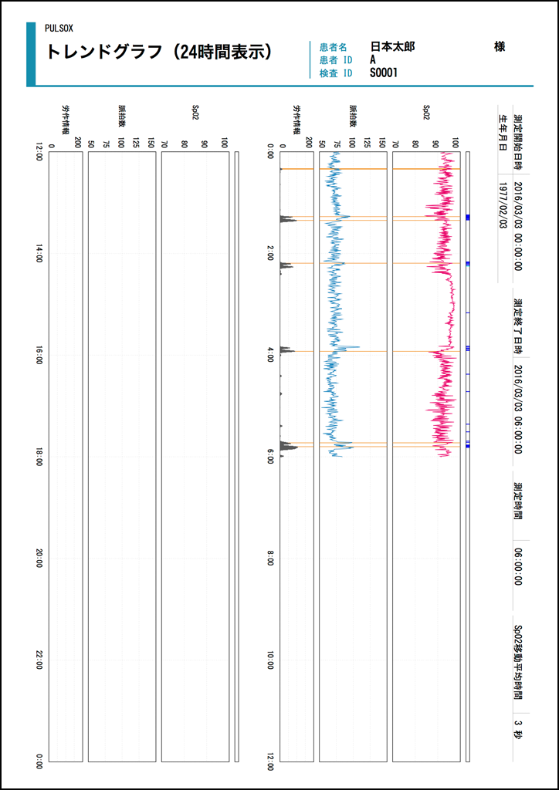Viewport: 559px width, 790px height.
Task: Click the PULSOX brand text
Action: pos(59,29)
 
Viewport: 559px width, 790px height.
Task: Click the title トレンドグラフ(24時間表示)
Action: pos(159,52)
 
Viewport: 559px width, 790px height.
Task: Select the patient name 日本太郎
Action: pos(392,47)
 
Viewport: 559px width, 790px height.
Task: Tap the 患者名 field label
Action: pos(333,47)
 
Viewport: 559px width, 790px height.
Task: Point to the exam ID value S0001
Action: pos(384,73)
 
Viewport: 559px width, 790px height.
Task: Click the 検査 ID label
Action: pos(336,73)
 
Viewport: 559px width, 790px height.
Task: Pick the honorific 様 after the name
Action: pos(500,47)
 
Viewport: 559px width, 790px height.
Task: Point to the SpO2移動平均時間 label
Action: pos(519,661)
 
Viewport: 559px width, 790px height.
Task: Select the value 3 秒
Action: pos(518,730)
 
